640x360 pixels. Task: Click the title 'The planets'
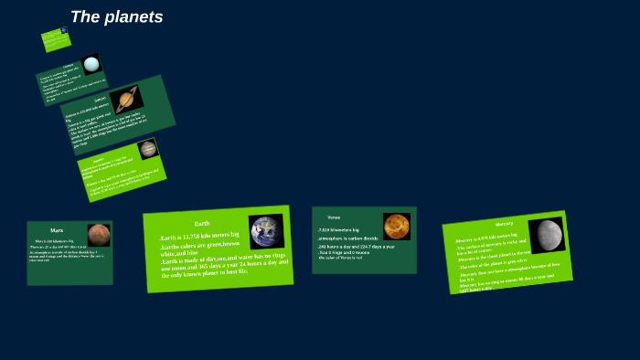[116, 16]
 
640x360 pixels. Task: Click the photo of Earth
[266, 232]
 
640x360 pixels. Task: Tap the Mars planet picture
[99, 235]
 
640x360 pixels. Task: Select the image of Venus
[396, 226]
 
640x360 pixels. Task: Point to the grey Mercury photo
[547, 234]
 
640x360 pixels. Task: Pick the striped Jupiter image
[147, 149]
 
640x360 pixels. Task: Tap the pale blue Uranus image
[91, 65]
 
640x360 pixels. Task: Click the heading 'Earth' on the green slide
[202, 223]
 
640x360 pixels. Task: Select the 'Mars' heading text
[57, 230]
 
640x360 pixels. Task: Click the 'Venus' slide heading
[334, 217]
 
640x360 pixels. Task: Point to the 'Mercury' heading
[504, 224]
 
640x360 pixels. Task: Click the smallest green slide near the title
[55, 38]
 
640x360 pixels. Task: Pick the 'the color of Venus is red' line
[340, 259]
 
